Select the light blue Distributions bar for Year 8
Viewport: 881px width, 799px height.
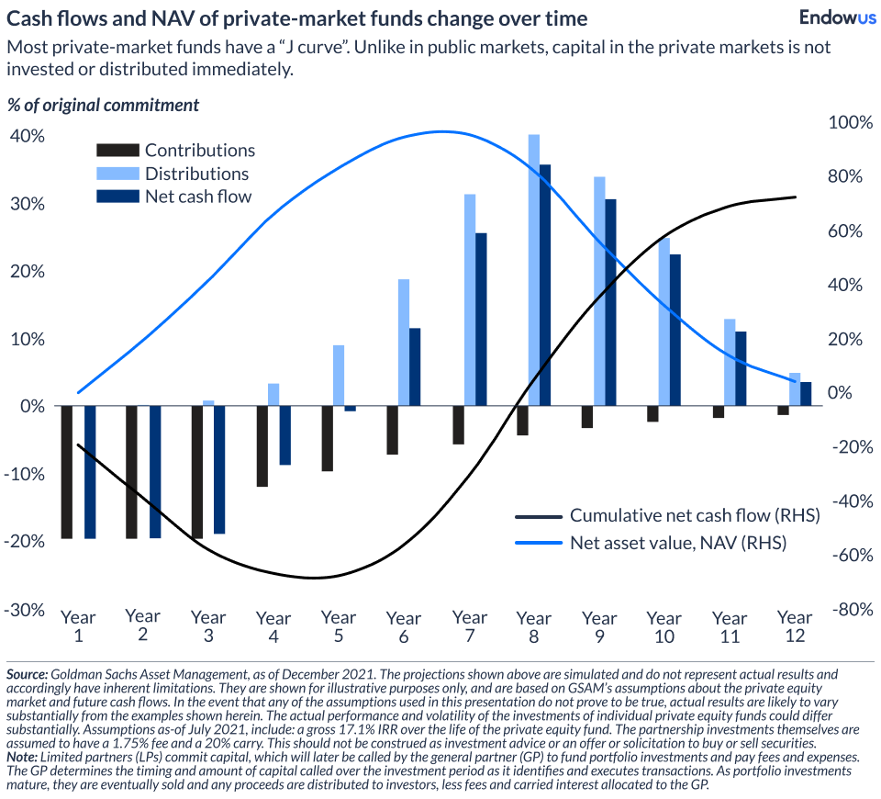coord(533,270)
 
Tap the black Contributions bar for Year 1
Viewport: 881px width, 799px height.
coord(66,472)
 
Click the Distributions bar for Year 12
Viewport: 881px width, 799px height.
coord(795,389)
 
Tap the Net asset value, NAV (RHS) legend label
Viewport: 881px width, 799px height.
coord(678,543)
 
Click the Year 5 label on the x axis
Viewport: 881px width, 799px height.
coord(339,626)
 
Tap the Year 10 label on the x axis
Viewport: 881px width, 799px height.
coord(664,626)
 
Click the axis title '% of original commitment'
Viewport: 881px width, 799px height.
coord(103,105)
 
